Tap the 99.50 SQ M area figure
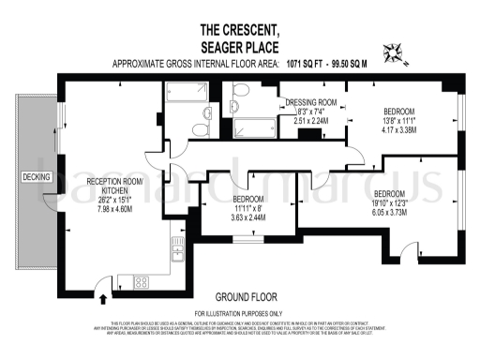tap(346, 64)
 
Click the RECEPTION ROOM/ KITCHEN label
tap(112, 186)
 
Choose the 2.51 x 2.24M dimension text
tap(310, 120)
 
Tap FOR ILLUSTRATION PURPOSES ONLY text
tap(238, 312)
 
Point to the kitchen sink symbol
tap(175, 249)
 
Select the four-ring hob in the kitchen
tap(144, 280)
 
